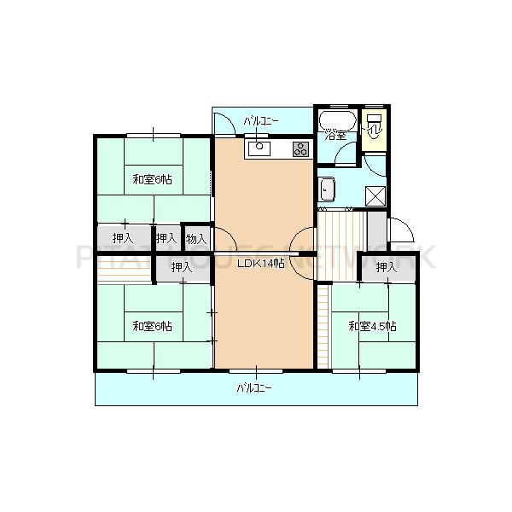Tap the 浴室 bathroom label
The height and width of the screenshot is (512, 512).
(x=334, y=135)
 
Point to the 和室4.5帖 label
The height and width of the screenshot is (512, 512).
(x=372, y=326)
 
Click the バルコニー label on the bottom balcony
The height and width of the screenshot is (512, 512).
(x=254, y=388)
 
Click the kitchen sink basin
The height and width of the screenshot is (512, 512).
(x=259, y=149)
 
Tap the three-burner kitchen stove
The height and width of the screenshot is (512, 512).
(x=300, y=149)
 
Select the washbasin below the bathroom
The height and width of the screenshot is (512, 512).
(x=328, y=188)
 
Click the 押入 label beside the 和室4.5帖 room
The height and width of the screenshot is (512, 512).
(x=386, y=267)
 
